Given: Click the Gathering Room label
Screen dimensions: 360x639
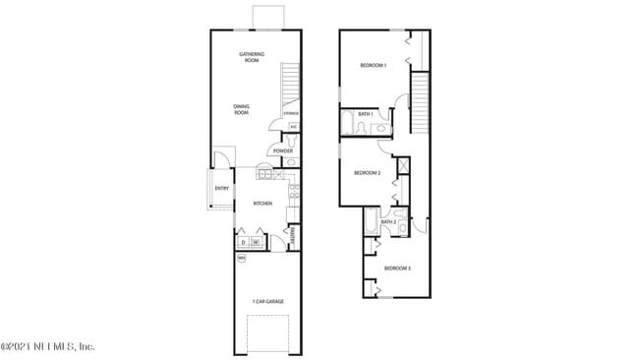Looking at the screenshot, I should click(252, 57).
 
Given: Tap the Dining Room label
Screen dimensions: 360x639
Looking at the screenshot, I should click(242, 109).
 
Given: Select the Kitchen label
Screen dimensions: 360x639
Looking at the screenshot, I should click(262, 204).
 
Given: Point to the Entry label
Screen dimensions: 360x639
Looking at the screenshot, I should click(221, 188).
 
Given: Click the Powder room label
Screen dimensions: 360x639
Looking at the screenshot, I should click(283, 150).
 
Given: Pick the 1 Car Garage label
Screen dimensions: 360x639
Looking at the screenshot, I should click(267, 301).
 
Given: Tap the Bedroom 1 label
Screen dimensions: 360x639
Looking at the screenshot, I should click(373, 65).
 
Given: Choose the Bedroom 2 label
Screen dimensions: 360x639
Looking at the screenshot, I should click(367, 173).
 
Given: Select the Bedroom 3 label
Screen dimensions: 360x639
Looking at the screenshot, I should click(397, 269).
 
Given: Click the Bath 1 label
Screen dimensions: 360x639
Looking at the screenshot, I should click(365, 113).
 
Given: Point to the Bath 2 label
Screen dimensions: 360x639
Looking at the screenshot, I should click(389, 222).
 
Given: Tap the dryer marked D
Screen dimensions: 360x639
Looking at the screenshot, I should click(243, 242).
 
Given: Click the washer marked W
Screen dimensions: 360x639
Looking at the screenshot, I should click(256, 242).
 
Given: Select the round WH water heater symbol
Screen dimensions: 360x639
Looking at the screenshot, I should click(241, 257).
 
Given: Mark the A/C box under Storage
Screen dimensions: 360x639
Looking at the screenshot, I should click(293, 126).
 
